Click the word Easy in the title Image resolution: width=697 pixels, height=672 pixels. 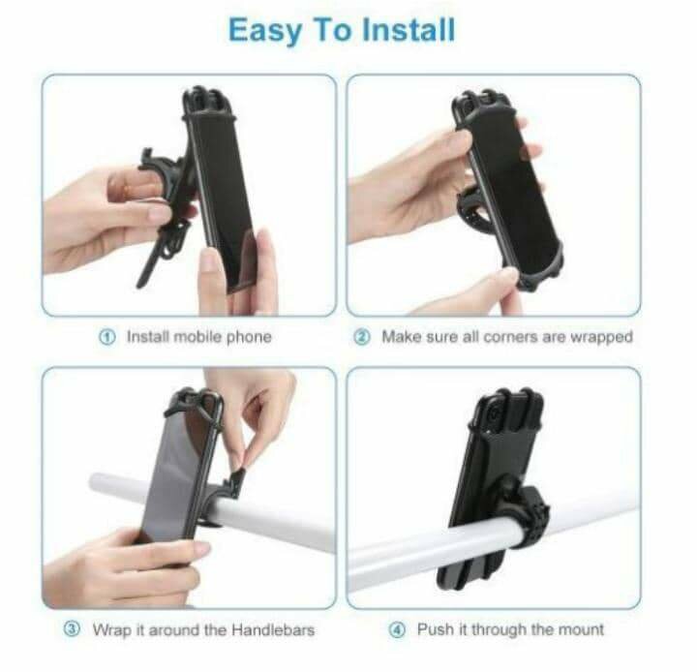265,31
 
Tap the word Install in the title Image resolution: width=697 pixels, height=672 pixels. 409,29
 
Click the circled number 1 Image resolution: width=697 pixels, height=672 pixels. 106,338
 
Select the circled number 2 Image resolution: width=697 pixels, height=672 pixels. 362,337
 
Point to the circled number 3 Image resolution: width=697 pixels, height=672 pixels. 72,628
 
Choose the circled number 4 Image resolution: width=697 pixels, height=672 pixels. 398,629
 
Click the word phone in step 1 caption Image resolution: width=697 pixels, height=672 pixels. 249,338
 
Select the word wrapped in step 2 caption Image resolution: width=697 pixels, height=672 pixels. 601,338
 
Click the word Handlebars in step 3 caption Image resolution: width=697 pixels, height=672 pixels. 273,629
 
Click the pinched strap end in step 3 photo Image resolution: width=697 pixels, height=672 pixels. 240,478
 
